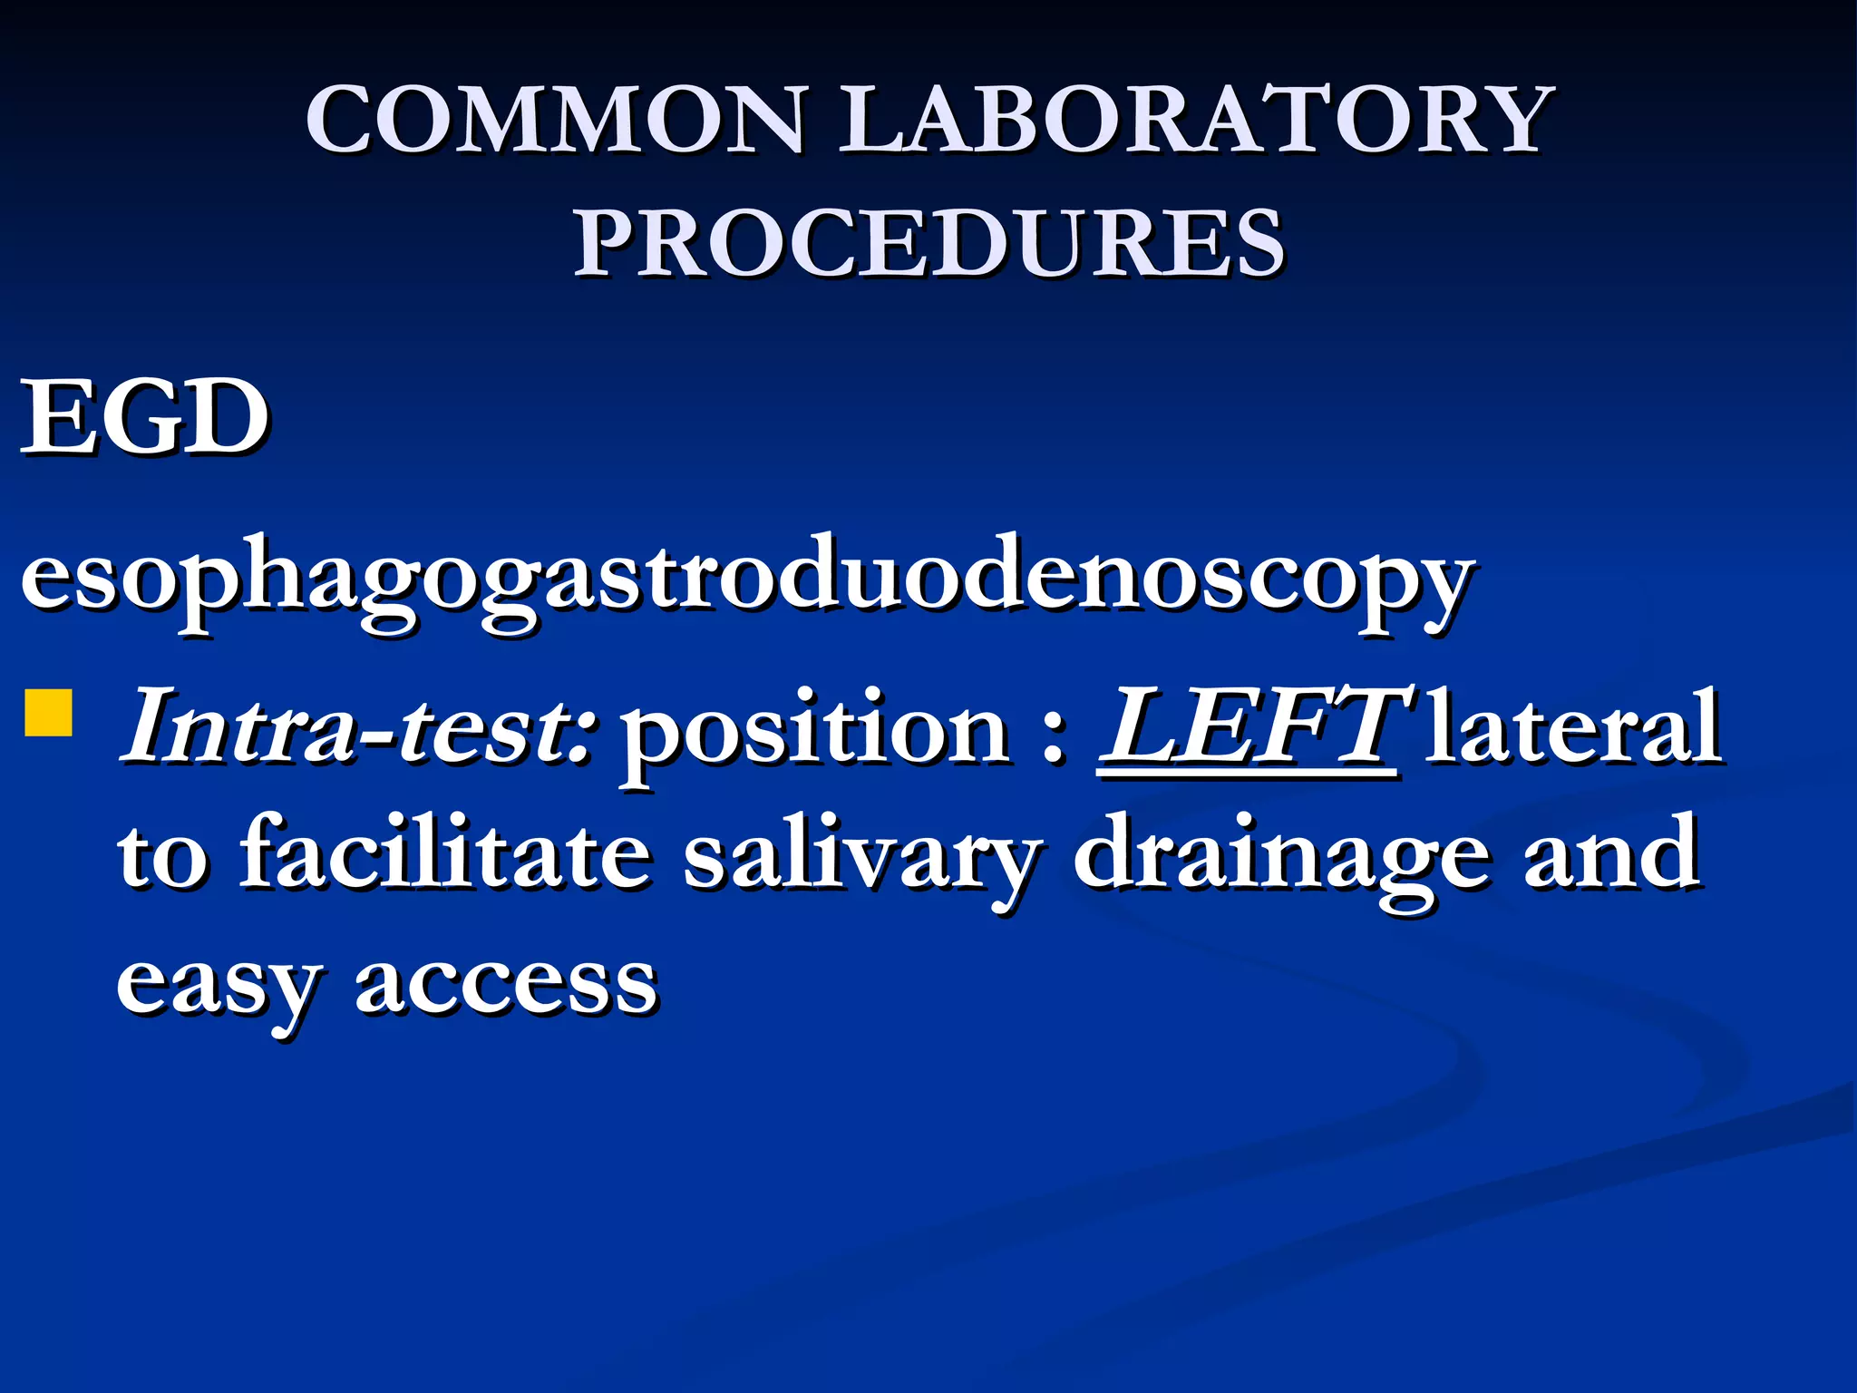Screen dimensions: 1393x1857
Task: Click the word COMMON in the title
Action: pos(555,120)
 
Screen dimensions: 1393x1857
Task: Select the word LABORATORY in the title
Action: pos(1195,120)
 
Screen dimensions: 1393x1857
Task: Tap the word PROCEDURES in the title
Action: pos(928,243)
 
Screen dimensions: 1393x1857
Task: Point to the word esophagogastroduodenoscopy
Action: pos(747,580)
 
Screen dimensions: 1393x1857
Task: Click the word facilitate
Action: pos(444,852)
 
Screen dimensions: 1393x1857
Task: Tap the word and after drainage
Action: pos(1610,852)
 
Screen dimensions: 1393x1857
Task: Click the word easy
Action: pos(218,984)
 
